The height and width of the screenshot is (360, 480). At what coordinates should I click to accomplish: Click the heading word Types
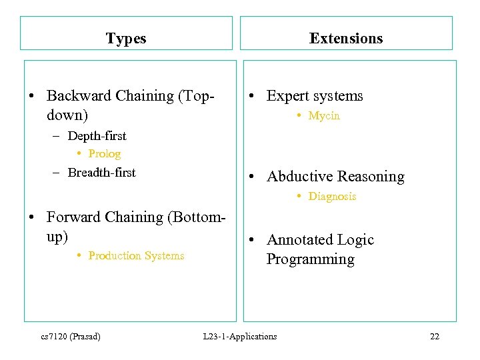click(x=125, y=39)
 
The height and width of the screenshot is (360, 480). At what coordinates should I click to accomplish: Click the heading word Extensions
click(x=346, y=39)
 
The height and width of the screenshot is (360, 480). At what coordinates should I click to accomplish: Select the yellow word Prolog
click(x=104, y=154)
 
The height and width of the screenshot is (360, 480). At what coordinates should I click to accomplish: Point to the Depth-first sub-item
click(x=97, y=136)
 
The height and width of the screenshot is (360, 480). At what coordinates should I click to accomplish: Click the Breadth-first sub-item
click(x=101, y=173)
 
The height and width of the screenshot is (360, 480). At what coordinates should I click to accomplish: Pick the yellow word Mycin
click(x=324, y=116)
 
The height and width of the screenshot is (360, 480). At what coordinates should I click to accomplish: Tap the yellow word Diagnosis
click(x=332, y=197)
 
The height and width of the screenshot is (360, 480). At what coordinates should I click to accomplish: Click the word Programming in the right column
click(x=310, y=259)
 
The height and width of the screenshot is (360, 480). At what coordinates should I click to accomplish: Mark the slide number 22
click(x=435, y=337)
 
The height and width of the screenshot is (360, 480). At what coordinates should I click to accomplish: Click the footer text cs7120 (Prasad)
click(x=71, y=337)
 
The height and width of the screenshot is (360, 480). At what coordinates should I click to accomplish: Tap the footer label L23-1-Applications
click(x=240, y=337)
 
